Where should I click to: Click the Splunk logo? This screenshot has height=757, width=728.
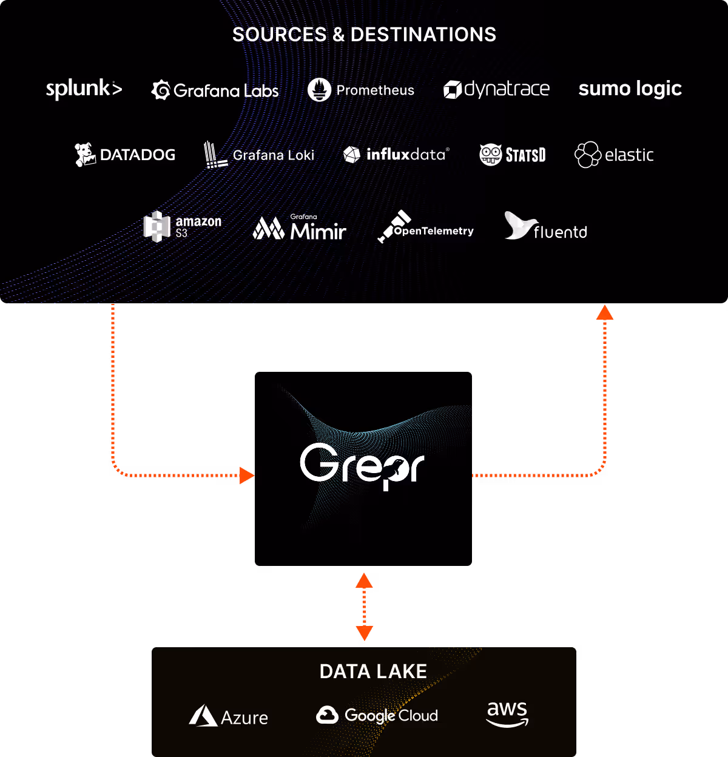(84, 89)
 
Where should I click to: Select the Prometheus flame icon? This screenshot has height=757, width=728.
(319, 90)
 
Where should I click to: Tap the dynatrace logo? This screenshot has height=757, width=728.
(496, 90)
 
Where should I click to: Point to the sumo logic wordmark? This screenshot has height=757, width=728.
(630, 89)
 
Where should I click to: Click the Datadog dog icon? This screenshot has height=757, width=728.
(85, 155)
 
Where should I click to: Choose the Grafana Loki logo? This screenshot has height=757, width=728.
(259, 155)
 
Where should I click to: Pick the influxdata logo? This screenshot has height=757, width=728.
(396, 155)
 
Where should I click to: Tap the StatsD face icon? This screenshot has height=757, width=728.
(490, 155)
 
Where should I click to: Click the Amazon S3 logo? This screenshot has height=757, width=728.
(182, 227)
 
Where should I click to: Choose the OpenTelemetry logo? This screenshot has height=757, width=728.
(425, 227)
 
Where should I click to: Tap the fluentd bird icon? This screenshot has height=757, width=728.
(517, 225)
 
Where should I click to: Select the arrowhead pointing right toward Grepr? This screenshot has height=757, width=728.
(247, 476)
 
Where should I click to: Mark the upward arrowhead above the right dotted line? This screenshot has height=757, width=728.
(605, 312)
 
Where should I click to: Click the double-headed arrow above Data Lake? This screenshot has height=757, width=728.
(364, 607)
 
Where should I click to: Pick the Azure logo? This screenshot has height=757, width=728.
(228, 716)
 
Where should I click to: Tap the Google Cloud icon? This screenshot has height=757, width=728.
(327, 715)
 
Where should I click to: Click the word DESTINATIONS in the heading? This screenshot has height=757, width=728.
(423, 35)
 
